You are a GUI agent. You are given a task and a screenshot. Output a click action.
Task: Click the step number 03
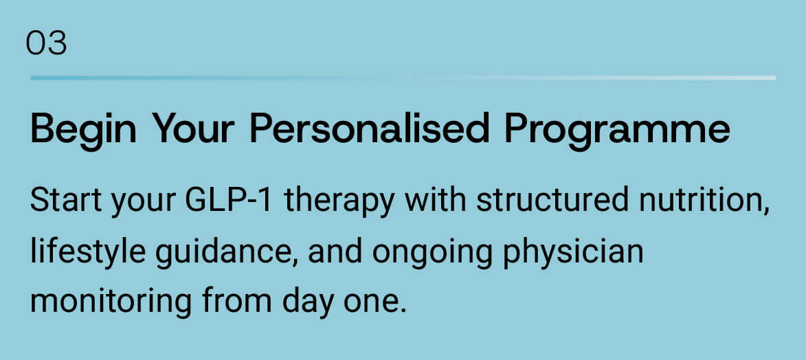(46, 44)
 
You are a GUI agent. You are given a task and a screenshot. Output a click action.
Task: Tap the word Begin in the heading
(83, 130)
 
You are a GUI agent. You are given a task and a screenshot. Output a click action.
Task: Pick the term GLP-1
(228, 201)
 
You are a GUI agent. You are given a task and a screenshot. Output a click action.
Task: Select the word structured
(552, 201)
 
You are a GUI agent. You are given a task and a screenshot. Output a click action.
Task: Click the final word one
(374, 304)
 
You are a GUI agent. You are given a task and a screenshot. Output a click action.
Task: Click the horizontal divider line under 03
(403, 78)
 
